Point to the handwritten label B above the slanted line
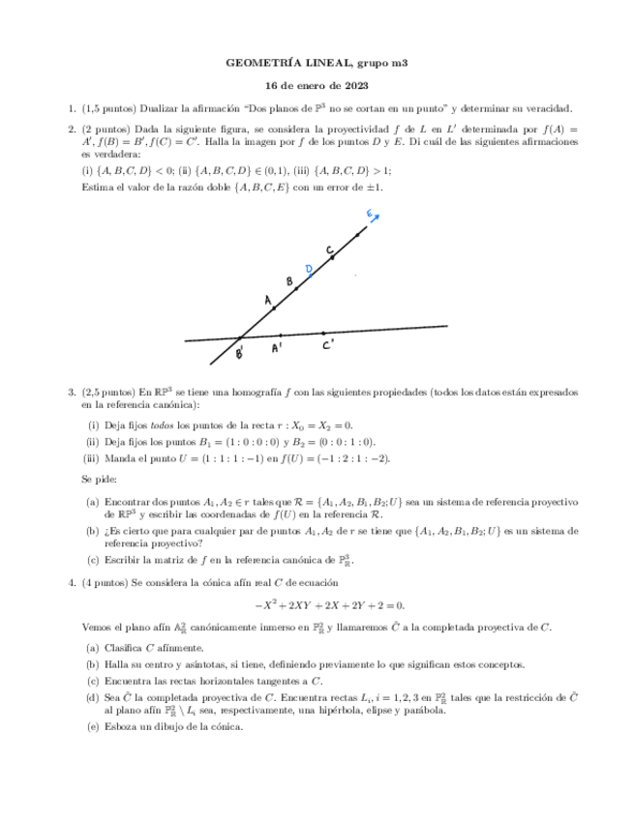click(x=288, y=281)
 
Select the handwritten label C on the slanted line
click(x=330, y=249)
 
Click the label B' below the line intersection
click(x=240, y=354)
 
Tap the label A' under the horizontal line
click(x=278, y=347)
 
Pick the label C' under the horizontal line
click(x=329, y=343)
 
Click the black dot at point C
click(x=332, y=258)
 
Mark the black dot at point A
click(x=274, y=308)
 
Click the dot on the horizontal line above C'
click(x=322, y=331)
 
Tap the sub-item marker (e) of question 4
click(x=92, y=728)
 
